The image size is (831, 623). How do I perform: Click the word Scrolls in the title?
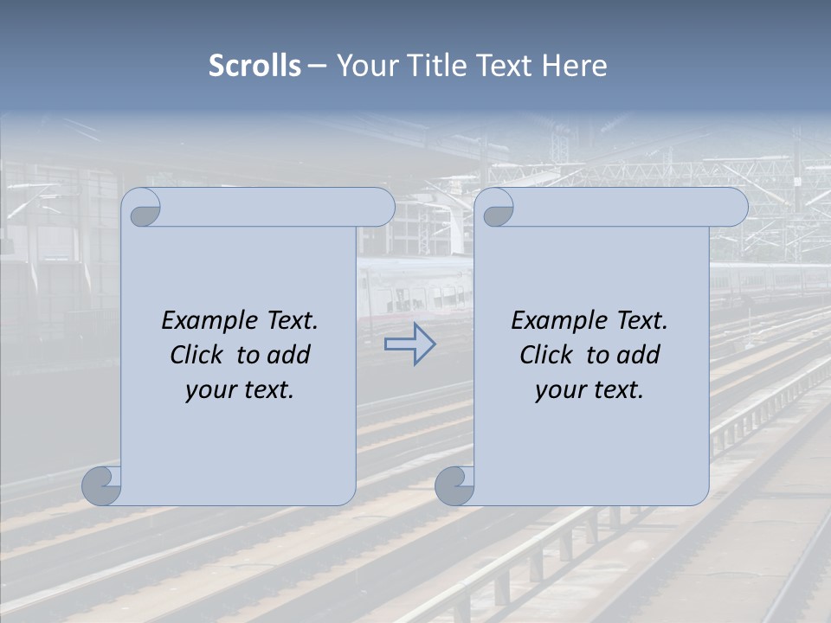tap(254, 66)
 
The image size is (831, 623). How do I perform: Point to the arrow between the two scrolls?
tap(409, 344)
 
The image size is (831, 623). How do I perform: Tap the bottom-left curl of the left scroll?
tap(102, 485)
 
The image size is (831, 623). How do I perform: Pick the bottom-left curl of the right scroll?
tap(455, 485)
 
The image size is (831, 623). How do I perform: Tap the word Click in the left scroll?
tap(196, 355)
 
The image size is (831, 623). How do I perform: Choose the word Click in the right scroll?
tap(545, 355)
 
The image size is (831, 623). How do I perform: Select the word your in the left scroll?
tap(208, 390)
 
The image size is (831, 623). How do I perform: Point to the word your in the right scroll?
tap(558, 390)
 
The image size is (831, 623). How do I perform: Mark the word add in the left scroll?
tap(287, 355)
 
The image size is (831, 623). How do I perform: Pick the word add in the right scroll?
tap(637, 355)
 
